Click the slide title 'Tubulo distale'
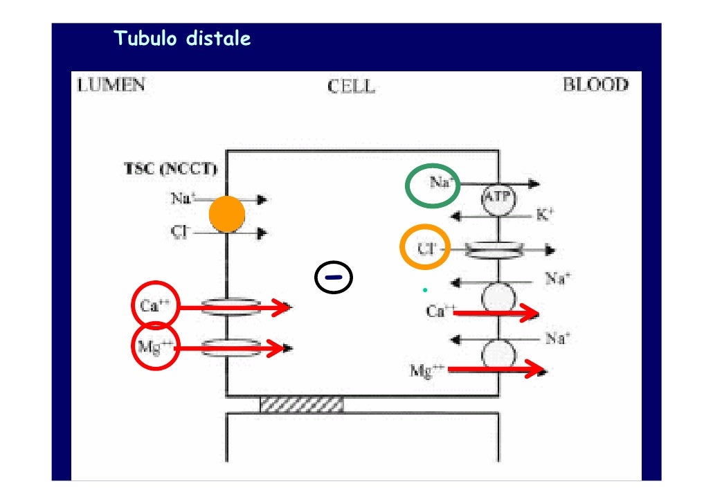point(182,39)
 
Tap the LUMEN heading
point(111,85)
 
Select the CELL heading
point(352,87)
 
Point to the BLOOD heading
point(595,85)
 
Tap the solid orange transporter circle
point(227,215)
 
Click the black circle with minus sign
point(333,278)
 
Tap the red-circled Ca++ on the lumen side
point(155,305)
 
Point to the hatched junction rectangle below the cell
point(301,404)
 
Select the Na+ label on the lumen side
point(183,199)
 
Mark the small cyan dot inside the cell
point(425,289)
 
